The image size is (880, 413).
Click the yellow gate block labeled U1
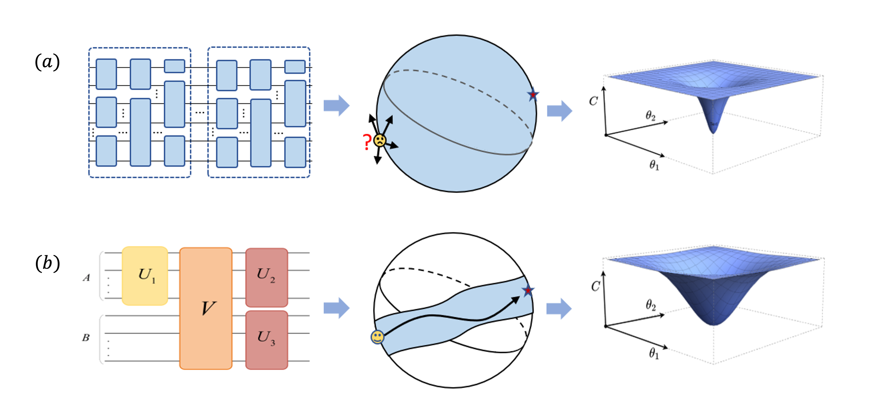[x=145, y=276]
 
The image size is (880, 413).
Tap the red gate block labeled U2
[x=266, y=277]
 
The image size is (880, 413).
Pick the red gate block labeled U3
[x=266, y=339]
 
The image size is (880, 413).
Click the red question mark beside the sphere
[x=367, y=142]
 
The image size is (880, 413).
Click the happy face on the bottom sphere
[x=377, y=337]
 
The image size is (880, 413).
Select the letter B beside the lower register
[x=86, y=338]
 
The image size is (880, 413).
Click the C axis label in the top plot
[x=593, y=101]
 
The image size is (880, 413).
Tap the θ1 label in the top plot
[x=654, y=166]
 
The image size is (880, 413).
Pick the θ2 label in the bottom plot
[x=650, y=305]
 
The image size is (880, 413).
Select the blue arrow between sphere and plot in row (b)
[x=559, y=309]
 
